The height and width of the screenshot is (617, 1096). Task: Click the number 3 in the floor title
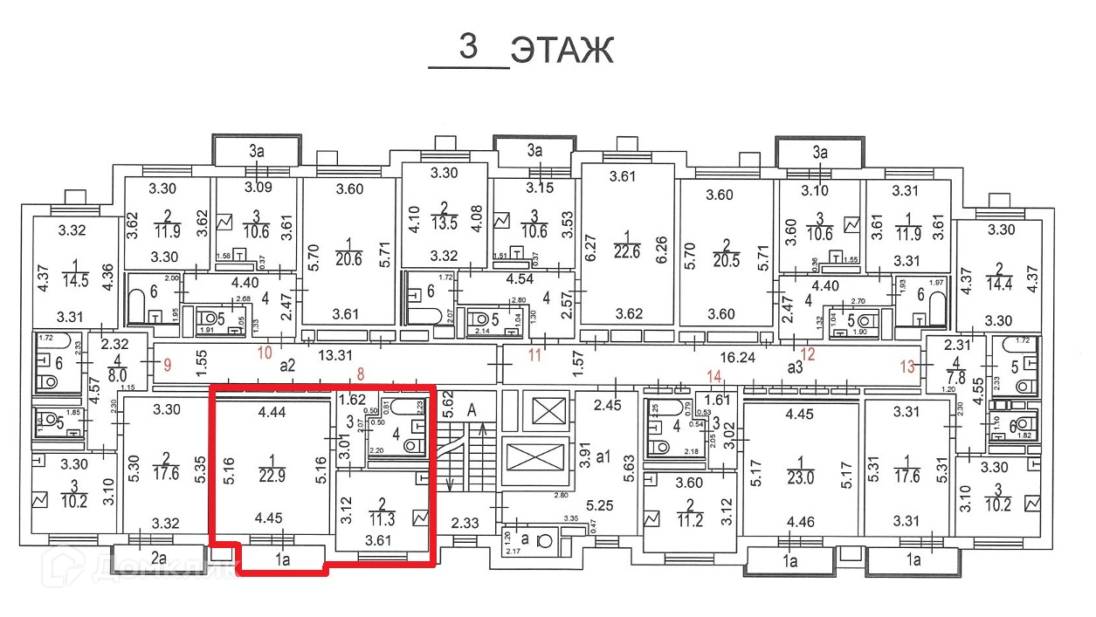click(468, 47)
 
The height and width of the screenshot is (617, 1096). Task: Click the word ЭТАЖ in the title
click(562, 51)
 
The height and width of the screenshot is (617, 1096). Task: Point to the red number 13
click(909, 366)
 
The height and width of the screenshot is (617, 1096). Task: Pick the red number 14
click(715, 377)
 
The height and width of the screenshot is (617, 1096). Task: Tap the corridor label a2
click(289, 367)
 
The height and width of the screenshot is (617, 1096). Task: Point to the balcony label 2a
click(158, 558)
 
